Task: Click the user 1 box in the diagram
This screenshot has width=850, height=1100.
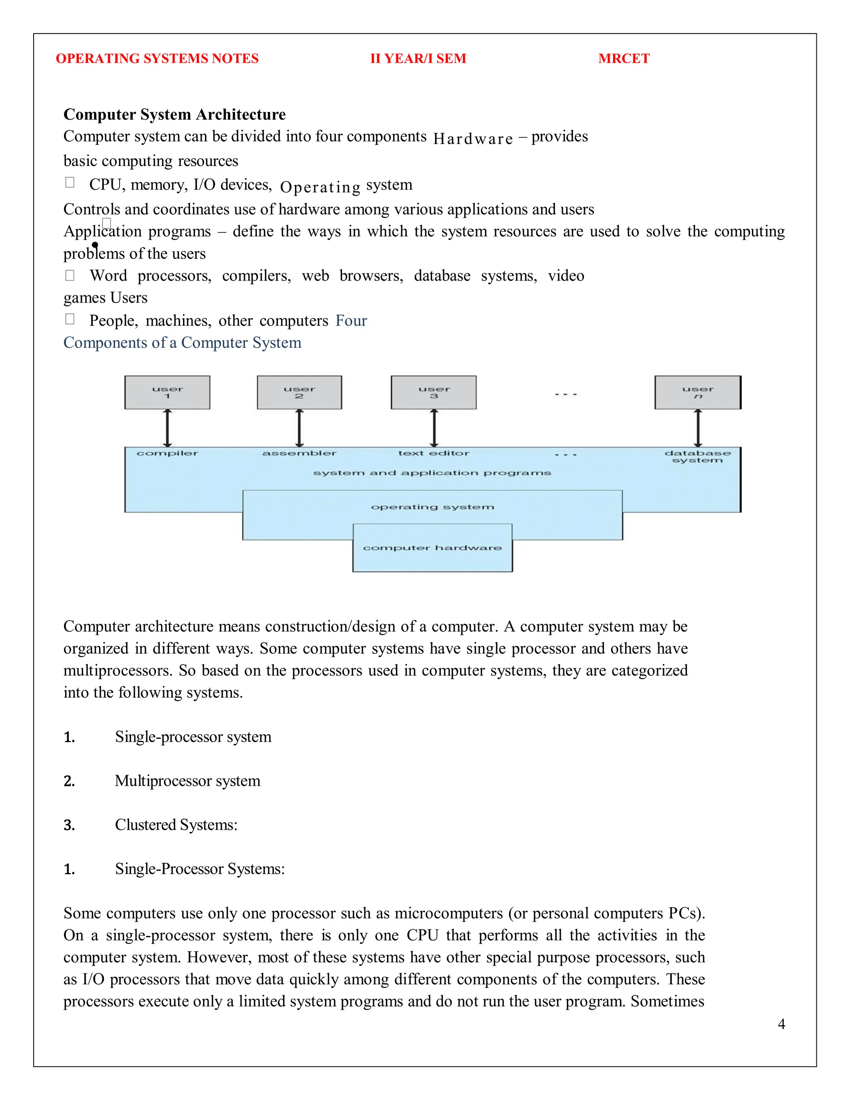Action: (167, 392)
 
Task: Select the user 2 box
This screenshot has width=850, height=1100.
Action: (299, 392)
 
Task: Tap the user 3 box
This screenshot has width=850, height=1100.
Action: (434, 392)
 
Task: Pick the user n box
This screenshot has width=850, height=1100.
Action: (697, 392)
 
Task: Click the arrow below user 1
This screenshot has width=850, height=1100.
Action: (167, 428)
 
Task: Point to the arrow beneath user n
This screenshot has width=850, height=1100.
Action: (697, 428)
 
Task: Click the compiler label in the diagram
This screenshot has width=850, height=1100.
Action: (167, 453)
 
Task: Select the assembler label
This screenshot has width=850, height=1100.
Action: (299, 453)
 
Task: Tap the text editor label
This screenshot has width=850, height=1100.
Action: (434, 453)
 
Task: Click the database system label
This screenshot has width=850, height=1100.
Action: (697, 456)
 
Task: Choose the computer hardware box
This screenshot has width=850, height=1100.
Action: (432, 548)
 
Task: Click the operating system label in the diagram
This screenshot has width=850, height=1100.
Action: (432, 507)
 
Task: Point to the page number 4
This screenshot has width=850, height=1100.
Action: (781, 1024)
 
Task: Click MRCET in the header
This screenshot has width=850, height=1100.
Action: (623, 59)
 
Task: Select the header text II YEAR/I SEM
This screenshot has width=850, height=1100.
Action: (418, 59)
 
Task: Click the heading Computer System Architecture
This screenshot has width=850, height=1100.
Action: (174, 114)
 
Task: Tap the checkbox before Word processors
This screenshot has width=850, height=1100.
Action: (70, 275)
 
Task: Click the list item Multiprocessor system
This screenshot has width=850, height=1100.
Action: (187, 781)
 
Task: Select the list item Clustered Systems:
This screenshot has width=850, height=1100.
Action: (176, 824)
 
